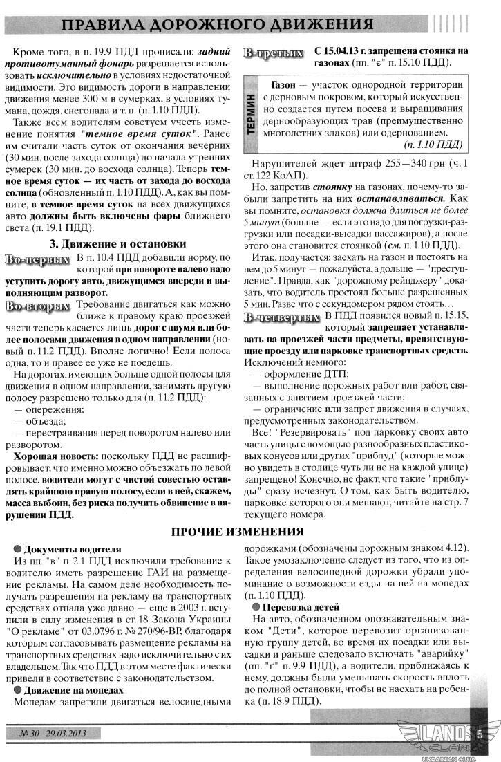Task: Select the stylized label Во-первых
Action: click(38, 259)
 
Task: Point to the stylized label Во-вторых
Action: click(38, 306)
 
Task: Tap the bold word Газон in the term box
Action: click(283, 84)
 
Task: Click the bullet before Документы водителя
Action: click(19, 549)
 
